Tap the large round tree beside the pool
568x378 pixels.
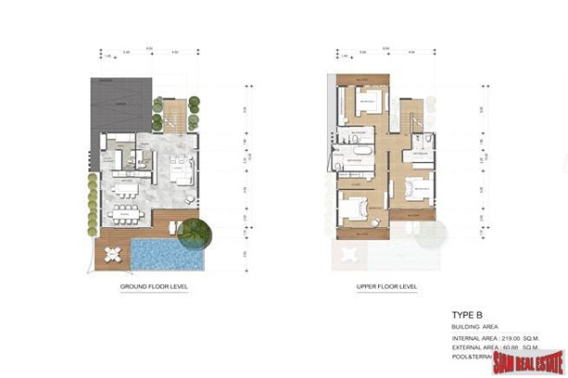196,232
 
